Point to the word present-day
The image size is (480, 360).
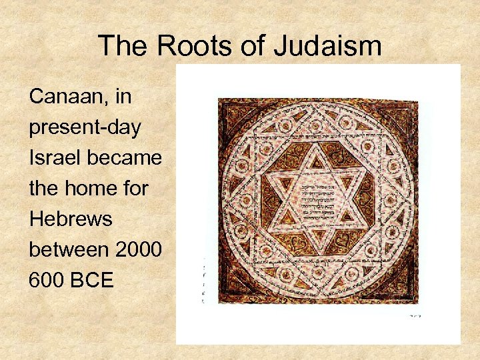(85, 128)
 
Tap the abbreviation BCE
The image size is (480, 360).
(93, 280)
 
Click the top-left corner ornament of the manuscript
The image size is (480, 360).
(233, 113)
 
